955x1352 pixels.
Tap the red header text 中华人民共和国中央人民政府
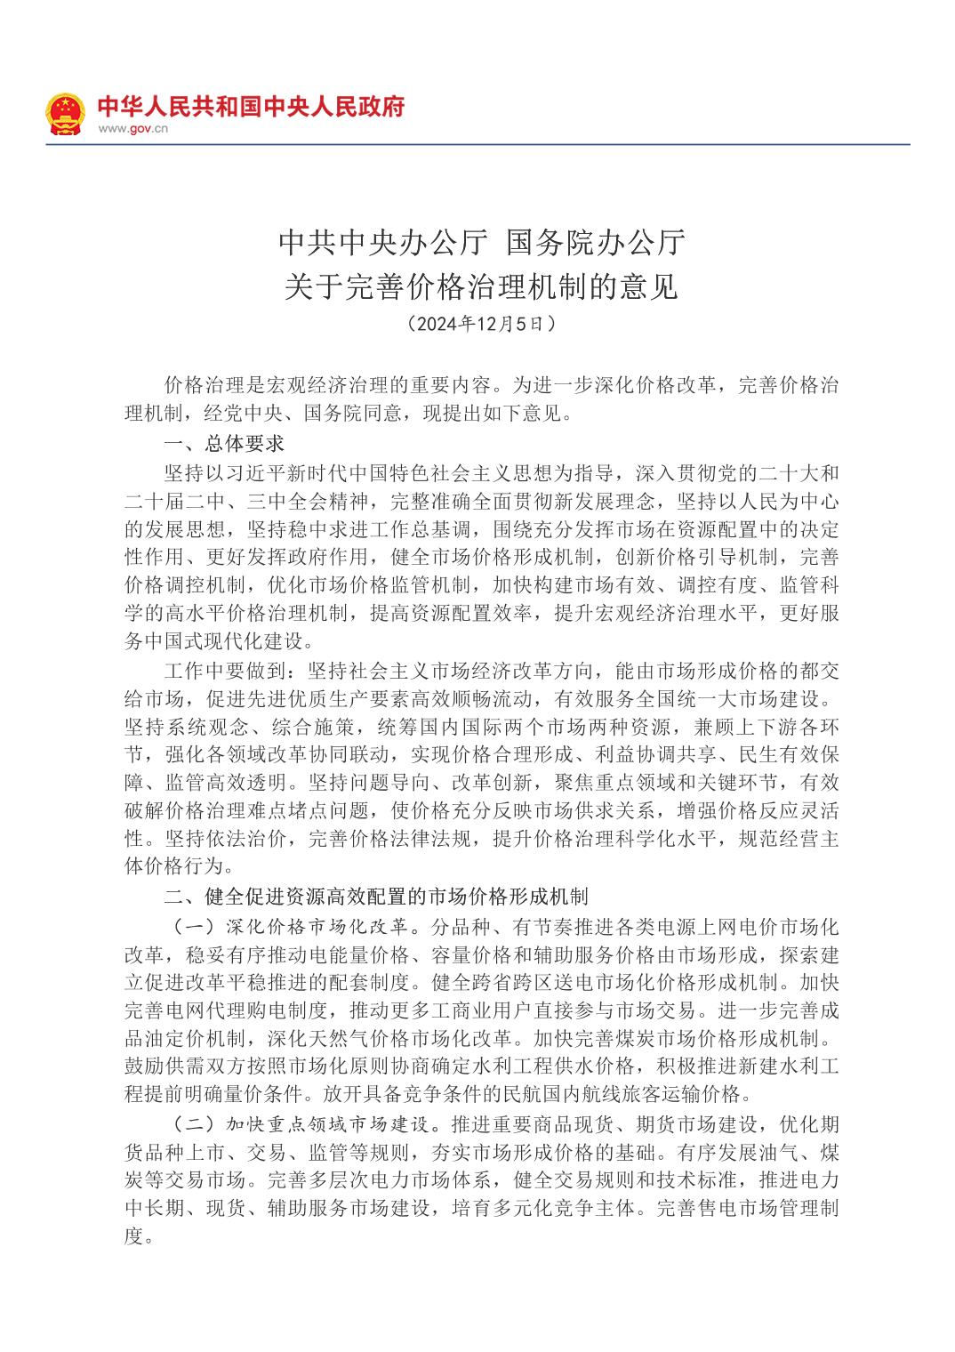coord(250,106)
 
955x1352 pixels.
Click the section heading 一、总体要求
coord(223,443)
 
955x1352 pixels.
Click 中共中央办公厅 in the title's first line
coord(383,242)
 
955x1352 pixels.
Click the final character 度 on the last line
coord(133,1236)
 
